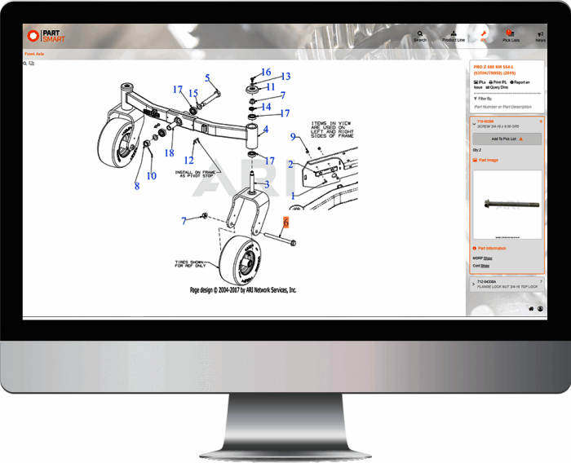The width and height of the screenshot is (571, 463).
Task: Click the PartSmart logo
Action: tap(45, 36)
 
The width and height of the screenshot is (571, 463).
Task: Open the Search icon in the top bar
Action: tap(420, 35)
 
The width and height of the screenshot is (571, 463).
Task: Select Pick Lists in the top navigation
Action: tap(511, 35)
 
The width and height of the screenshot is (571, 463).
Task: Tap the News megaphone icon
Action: tap(540, 35)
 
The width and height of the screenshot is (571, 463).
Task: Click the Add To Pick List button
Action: tap(507, 139)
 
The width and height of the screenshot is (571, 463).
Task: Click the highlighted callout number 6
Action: tap(286, 222)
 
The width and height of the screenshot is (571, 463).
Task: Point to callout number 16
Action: tap(266, 73)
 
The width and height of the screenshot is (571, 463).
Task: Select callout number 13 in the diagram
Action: tap(285, 77)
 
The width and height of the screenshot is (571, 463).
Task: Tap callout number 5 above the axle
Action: tap(207, 78)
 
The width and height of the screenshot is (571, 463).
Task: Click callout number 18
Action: tap(170, 152)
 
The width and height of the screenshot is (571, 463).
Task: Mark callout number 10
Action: tap(151, 175)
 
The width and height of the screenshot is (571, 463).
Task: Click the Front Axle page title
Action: tap(35, 54)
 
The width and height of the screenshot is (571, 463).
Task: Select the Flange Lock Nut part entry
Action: tap(506, 284)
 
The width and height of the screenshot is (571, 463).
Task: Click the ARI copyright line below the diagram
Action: tap(242, 290)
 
